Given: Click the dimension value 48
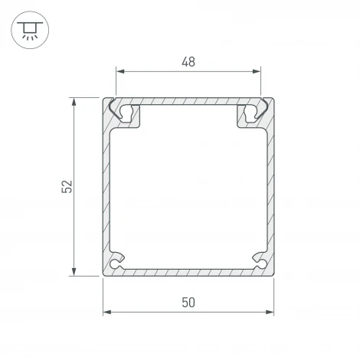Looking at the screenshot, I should pos(188,62).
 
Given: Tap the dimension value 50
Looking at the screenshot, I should pos(188,302).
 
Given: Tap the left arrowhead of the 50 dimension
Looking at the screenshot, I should pos(106,312).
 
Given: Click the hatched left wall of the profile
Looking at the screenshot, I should pos(106,188).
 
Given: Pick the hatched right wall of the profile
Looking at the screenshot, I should pos(271,188).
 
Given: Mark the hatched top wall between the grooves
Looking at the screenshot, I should pos(188,101).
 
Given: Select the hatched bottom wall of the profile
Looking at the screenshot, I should pos(188,271).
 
